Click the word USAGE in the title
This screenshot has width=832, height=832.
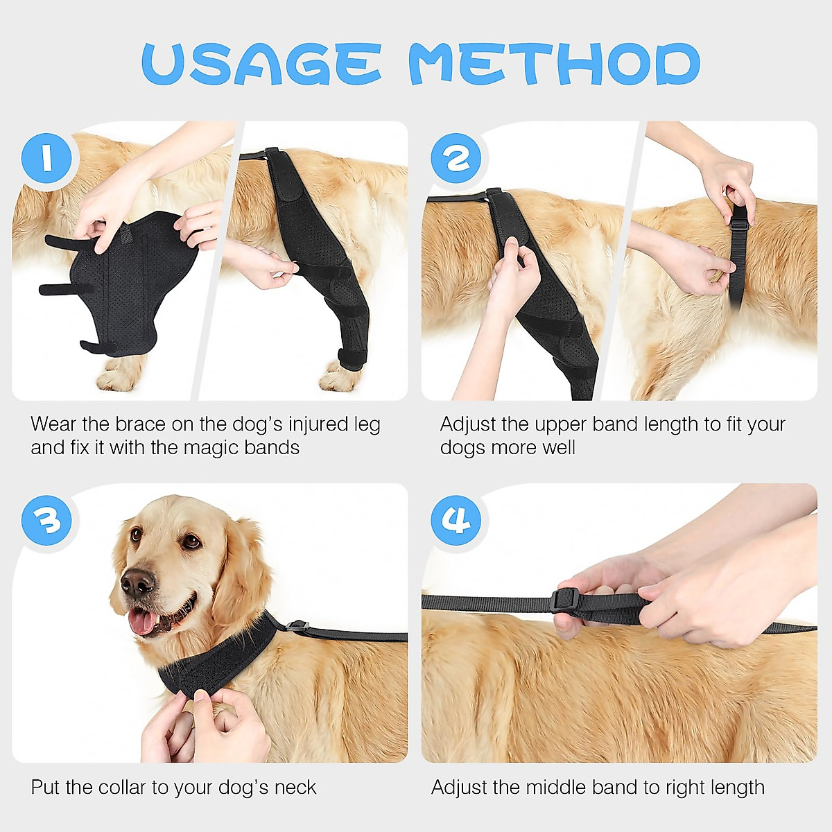[261, 64]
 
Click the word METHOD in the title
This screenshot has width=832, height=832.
[554, 64]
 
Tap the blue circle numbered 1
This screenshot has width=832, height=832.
[47, 159]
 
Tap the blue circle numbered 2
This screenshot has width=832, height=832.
[456, 159]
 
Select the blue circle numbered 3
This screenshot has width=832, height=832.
[47, 521]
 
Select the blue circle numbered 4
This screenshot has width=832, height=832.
[456, 521]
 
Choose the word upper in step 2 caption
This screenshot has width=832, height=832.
[561, 424]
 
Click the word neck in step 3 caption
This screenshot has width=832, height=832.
[295, 788]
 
